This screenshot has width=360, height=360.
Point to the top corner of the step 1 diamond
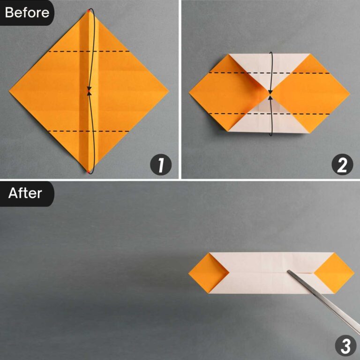click(x=89, y=10)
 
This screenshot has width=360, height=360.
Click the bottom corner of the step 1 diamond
click(x=88, y=172)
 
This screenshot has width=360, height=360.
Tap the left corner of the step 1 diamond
click(x=9, y=90)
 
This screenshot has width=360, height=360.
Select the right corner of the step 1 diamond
click(x=168, y=90)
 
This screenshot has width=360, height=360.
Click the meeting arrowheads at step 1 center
click(x=89, y=91)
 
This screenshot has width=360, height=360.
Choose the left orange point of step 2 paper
click(x=190, y=94)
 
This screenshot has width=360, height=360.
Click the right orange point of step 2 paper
click(x=349, y=94)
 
